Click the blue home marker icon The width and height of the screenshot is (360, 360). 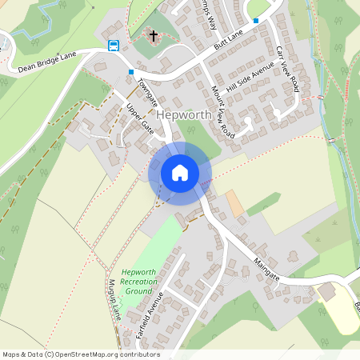(x=179, y=173)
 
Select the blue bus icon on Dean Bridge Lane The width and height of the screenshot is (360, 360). (x=114, y=45)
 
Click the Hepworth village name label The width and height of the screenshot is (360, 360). (x=184, y=115)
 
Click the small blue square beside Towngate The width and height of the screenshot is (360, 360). (x=130, y=72)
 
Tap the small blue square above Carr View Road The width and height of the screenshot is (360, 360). (x=256, y=21)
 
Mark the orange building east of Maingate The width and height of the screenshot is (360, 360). (x=234, y=202)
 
